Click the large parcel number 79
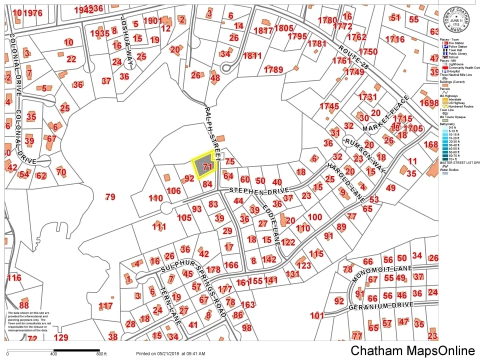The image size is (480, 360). (110, 197)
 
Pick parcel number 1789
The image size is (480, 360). (273, 69)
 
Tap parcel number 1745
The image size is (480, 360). (329, 106)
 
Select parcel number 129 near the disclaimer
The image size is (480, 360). (60, 337)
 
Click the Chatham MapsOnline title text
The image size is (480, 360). (412, 350)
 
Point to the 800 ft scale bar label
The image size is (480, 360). (101, 354)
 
